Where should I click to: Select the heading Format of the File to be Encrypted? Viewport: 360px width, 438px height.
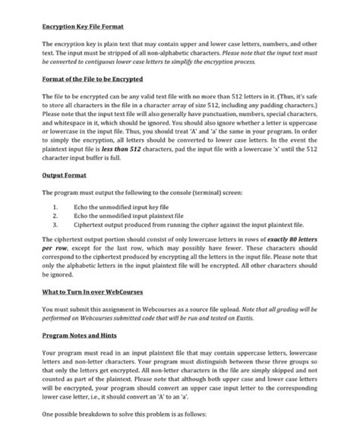pos(92,79)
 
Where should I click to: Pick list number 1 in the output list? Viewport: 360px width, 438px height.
pos(55,207)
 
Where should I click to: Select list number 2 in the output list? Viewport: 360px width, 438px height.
pos(55,216)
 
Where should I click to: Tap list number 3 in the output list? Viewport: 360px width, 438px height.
pos(55,225)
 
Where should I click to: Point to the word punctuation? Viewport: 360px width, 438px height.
pos(217,114)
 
